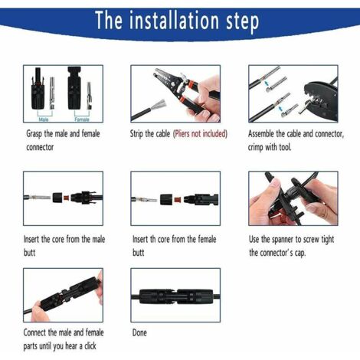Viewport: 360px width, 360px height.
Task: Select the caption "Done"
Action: [x=139, y=332]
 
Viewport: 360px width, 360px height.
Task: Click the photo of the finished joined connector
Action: [x=175, y=294]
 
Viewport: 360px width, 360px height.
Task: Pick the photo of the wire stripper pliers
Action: [x=175, y=93]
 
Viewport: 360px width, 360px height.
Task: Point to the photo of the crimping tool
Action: [x=293, y=93]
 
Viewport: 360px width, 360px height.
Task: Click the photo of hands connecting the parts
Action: [x=58, y=294]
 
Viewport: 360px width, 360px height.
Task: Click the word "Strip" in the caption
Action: [x=141, y=133]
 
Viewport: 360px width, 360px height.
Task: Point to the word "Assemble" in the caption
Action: [x=264, y=133]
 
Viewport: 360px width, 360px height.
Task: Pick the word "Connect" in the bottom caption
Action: [x=39, y=332]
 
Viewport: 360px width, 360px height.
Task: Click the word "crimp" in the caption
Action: [x=259, y=146]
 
